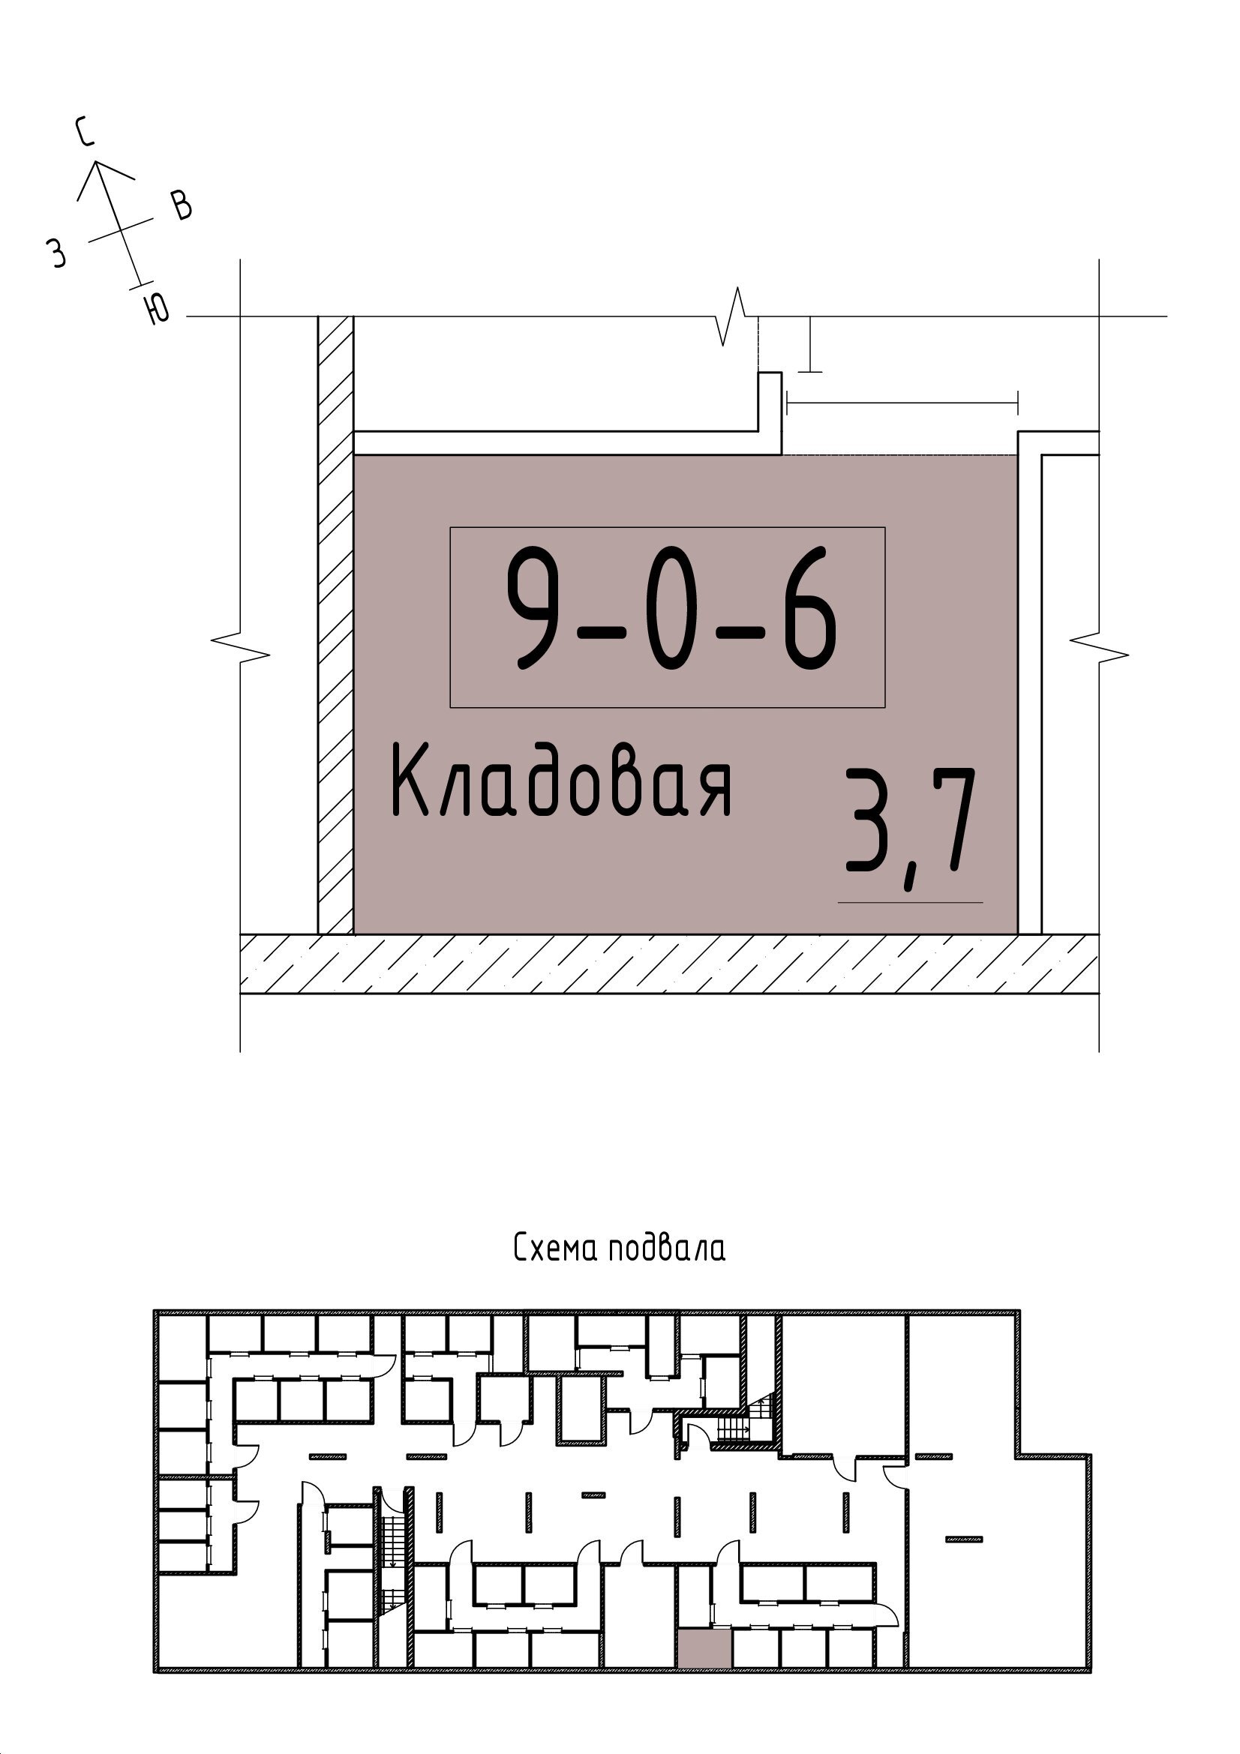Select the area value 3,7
click(911, 828)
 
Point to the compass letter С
click(86, 130)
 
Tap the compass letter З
click(56, 253)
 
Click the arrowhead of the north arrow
click(95, 162)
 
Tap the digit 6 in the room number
click(809, 609)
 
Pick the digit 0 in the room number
click(671, 609)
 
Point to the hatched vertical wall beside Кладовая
click(336, 625)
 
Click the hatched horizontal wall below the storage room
click(669, 964)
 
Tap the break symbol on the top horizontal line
click(737, 316)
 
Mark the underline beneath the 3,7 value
click(910, 902)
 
